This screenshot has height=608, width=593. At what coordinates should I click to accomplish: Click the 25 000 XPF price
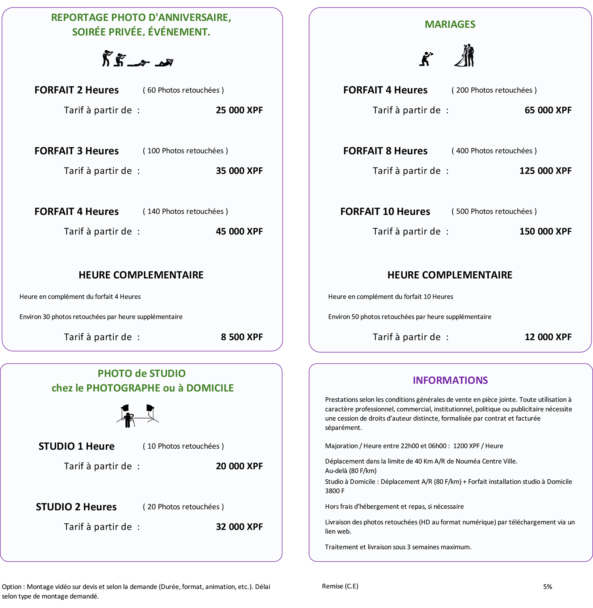pyautogui.click(x=239, y=110)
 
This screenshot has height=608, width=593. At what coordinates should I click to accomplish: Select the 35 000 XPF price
pyautogui.click(x=239, y=171)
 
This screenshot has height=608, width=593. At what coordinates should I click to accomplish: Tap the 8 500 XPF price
pyautogui.click(x=242, y=337)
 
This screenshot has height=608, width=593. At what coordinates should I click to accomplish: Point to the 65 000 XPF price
pyautogui.click(x=548, y=110)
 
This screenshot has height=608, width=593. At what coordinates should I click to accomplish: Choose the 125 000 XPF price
pyautogui.click(x=545, y=171)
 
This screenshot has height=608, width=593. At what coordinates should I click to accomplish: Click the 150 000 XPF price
pyautogui.click(x=545, y=231)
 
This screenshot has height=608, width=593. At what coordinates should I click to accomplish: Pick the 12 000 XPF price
pyautogui.click(x=548, y=337)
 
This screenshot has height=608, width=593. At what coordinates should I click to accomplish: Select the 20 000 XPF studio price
pyautogui.click(x=239, y=466)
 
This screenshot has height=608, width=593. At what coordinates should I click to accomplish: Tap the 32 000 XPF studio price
pyautogui.click(x=239, y=527)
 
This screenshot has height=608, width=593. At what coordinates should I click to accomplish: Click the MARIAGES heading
pyautogui.click(x=450, y=24)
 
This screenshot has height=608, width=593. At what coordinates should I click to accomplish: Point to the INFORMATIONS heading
pyautogui.click(x=450, y=380)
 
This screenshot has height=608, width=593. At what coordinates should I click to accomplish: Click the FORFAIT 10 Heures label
pyautogui.click(x=385, y=212)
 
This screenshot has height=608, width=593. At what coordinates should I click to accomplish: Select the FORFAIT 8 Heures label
pyautogui.click(x=385, y=151)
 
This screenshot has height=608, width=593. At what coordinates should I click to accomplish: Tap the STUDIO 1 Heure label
pyautogui.click(x=76, y=446)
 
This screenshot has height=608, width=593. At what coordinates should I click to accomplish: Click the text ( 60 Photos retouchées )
pyautogui.click(x=183, y=90)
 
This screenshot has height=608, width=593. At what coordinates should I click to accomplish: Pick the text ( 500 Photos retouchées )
pyautogui.click(x=494, y=212)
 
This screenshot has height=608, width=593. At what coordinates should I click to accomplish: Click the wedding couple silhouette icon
pyautogui.click(x=465, y=56)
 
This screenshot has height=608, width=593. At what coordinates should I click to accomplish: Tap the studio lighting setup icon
pyautogui.click(x=137, y=416)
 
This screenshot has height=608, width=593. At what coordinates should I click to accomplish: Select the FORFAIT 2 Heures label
pyautogui.click(x=76, y=90)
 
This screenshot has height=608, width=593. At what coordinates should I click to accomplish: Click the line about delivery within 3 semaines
pyautogui.click(x=398, y=547)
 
